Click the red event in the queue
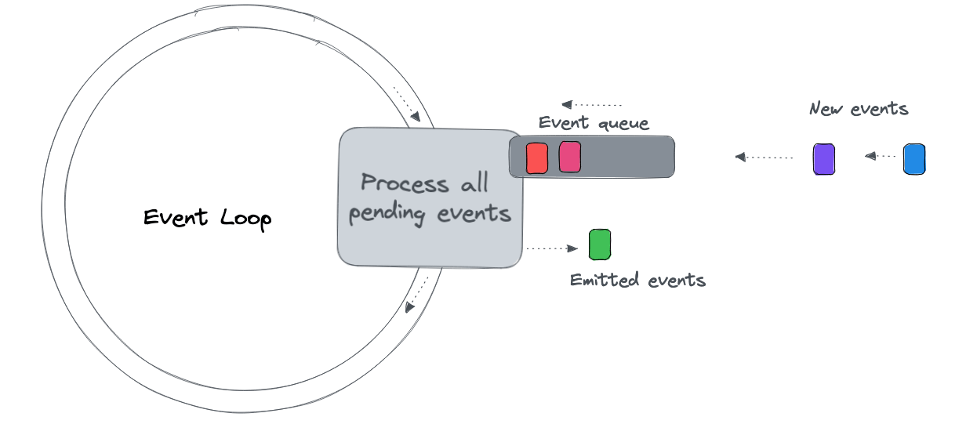pyautogui.click(x=536, y=158)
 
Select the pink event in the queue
pyautogui.click(x=569, y=157)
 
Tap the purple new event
pyautogui.click(x=823, y=158)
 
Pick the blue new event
pyautogui.click(x=913, y=158)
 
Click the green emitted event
pyautogui.click(x=599, y=245)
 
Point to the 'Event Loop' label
pyautogui.click(x=207, y=218)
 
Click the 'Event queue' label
pyautogui.click(x=594, y=123)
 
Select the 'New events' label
pyautogui.click(x=859, y=109)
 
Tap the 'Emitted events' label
pyautogui.click(x=637, y=280)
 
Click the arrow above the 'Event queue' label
pyautogui.click(x=591, y=104)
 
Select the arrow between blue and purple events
pyautogui.click(x=881, y=157)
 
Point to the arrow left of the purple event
pyautogui.click(x=764, y=158)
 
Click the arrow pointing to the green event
pyautogui.click(x=552, y=248)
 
